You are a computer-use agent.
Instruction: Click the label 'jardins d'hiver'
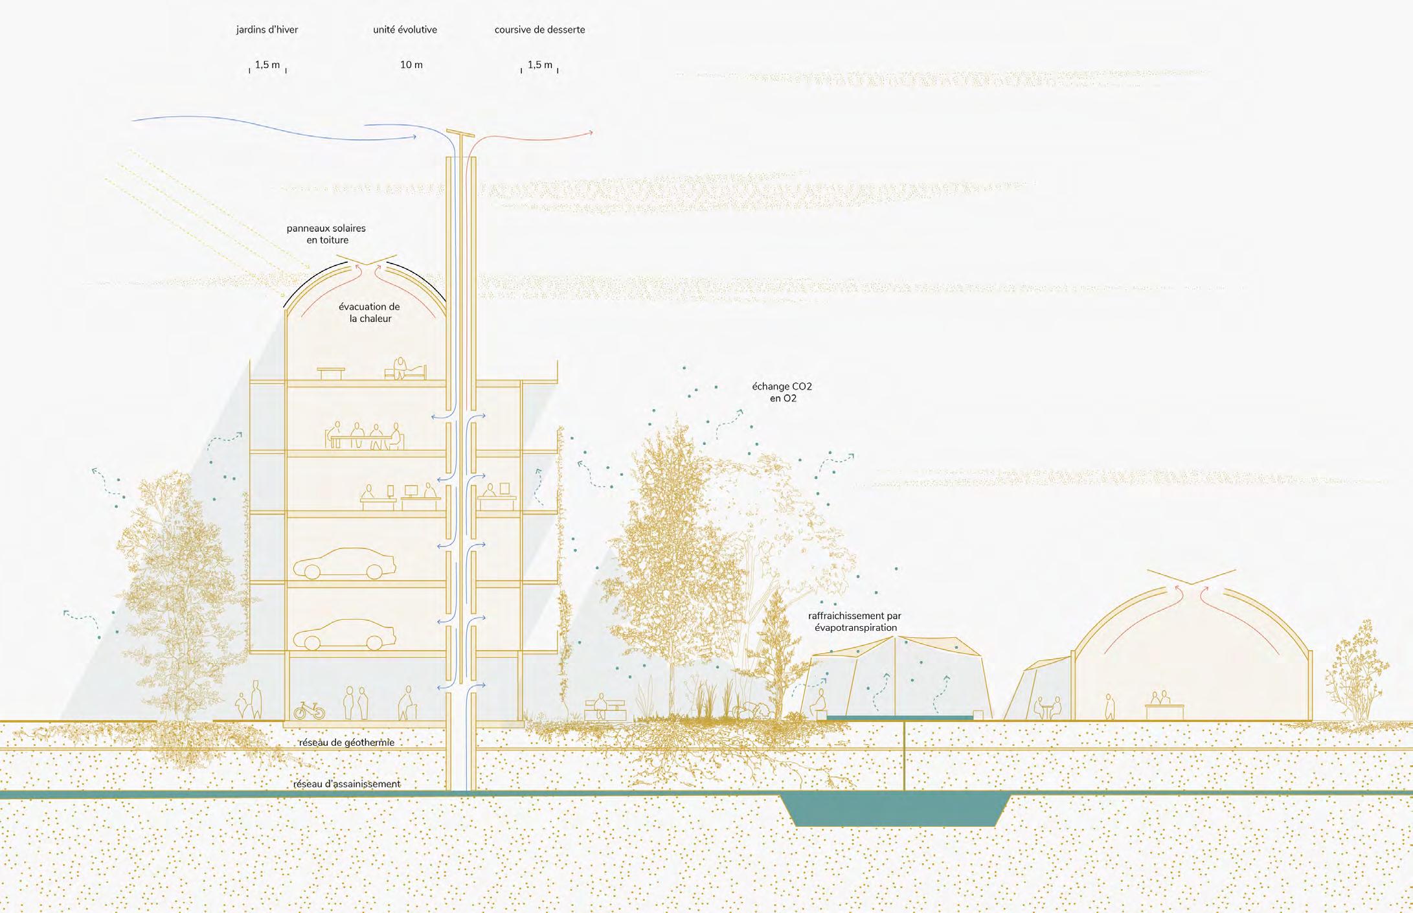point(267,30)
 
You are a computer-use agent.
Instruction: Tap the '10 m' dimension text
point(411,65)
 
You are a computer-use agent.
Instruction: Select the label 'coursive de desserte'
point(539,30)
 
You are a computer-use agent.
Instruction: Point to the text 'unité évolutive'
point(405,30)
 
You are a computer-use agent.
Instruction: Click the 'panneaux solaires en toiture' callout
point(326,234)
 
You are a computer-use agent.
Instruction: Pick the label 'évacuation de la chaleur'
point(369,313)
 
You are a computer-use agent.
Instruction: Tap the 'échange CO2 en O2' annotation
point(782,392)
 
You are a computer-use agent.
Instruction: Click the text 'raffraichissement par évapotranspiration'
point(854,622)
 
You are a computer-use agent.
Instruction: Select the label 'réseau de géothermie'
point(347,743)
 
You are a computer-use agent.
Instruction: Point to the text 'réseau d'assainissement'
point(347,784)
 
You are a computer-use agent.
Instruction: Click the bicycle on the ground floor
point(309,711)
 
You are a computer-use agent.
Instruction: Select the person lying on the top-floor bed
point(404,369)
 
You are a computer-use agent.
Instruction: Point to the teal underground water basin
point(894,811)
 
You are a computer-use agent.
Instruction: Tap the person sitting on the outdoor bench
point(601,704)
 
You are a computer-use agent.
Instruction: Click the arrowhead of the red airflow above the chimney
point(590,133)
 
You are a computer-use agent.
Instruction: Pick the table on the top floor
point(331,372)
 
